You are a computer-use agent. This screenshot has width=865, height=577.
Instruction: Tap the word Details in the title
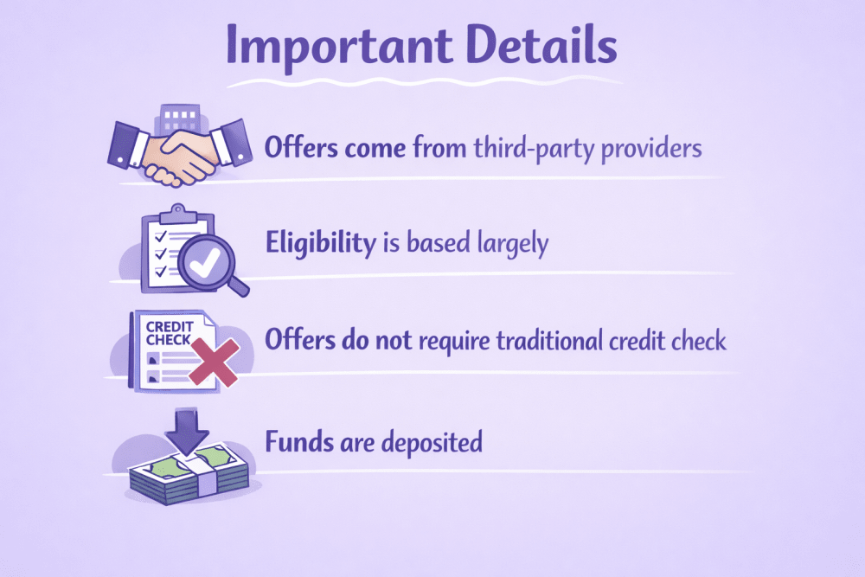pyautogui.click(x=541, y=43)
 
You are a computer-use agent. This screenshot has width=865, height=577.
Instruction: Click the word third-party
pyautogui.click(x=532, y=149)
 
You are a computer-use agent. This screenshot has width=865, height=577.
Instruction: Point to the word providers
pyautogui.click(x=651, y=149)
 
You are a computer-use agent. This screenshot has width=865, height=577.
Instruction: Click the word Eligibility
pyautogui.click(x=321, y=243)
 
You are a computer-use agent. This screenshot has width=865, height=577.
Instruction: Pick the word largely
pyautogui.click(x=513, y=244)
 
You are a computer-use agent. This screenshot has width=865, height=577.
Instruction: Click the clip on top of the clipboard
pyautogui.click(x=177, y=214)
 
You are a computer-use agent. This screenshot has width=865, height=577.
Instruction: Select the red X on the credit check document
pyautogui.click(x=214, y=362)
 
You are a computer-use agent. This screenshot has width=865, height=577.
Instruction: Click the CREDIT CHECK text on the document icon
pyautogui.click(x=170, y=333)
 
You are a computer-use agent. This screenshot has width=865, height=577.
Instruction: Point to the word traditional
pyautogui.click(x=549, y=340)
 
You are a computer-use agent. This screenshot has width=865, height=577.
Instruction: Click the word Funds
pyautogui.click(x=299, y=442)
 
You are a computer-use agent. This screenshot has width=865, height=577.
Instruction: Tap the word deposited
pyautogui.click(x=432, y=443)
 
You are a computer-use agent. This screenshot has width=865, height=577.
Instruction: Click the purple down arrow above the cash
pyautogui.click(x=187, y=431)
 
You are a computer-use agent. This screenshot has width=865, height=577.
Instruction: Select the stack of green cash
pyautogui.click(x=189, y=474)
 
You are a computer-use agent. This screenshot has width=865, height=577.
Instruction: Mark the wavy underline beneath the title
pyautogui.click(x=425, y=82)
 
